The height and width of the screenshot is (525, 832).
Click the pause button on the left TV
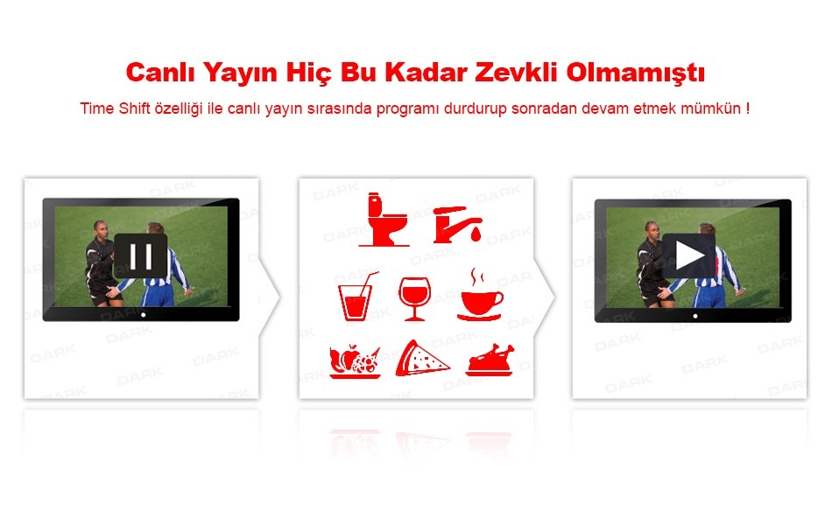(141, 256)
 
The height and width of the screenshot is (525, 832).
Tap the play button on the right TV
(688, 255)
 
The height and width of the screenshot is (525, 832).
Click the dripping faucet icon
(457, 225)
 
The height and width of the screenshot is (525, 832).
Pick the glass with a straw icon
(357, 297)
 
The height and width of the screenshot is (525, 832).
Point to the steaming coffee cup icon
(480, 296)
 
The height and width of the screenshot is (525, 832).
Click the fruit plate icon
(355, 361)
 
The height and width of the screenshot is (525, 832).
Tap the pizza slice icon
(422, 359)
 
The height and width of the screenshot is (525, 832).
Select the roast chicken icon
(490, 360)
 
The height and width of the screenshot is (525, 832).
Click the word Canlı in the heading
(160, 72)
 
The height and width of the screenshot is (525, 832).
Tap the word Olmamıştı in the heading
(635, 73)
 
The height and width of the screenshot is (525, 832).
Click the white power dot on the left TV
(144, 314)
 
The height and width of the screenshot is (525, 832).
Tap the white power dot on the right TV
(695, 316)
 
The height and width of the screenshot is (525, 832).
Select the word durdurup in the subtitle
(476, 108)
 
